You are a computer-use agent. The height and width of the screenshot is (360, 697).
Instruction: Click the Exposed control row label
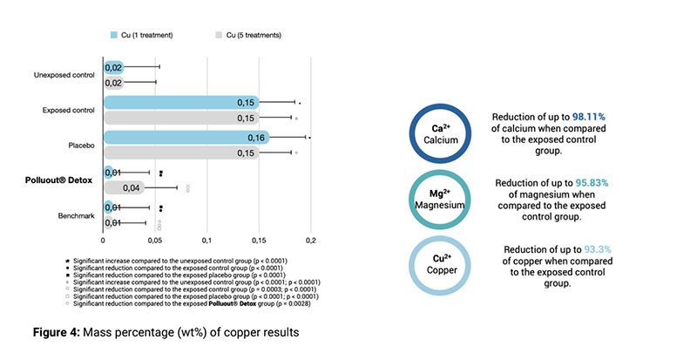point(69,110)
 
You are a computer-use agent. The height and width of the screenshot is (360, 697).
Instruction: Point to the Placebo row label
point(81,145)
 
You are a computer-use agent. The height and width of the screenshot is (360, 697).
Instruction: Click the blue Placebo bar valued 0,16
point(186,137)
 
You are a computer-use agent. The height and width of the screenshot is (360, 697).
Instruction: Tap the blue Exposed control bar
point(181,102)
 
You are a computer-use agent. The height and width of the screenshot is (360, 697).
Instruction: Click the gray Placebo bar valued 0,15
point(181,153)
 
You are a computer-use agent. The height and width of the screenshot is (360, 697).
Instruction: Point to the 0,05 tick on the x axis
point(155,240)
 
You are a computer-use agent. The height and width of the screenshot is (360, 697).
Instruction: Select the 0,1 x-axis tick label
point(207,240)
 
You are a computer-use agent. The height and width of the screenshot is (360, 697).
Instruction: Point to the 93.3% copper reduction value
point(597,248)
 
